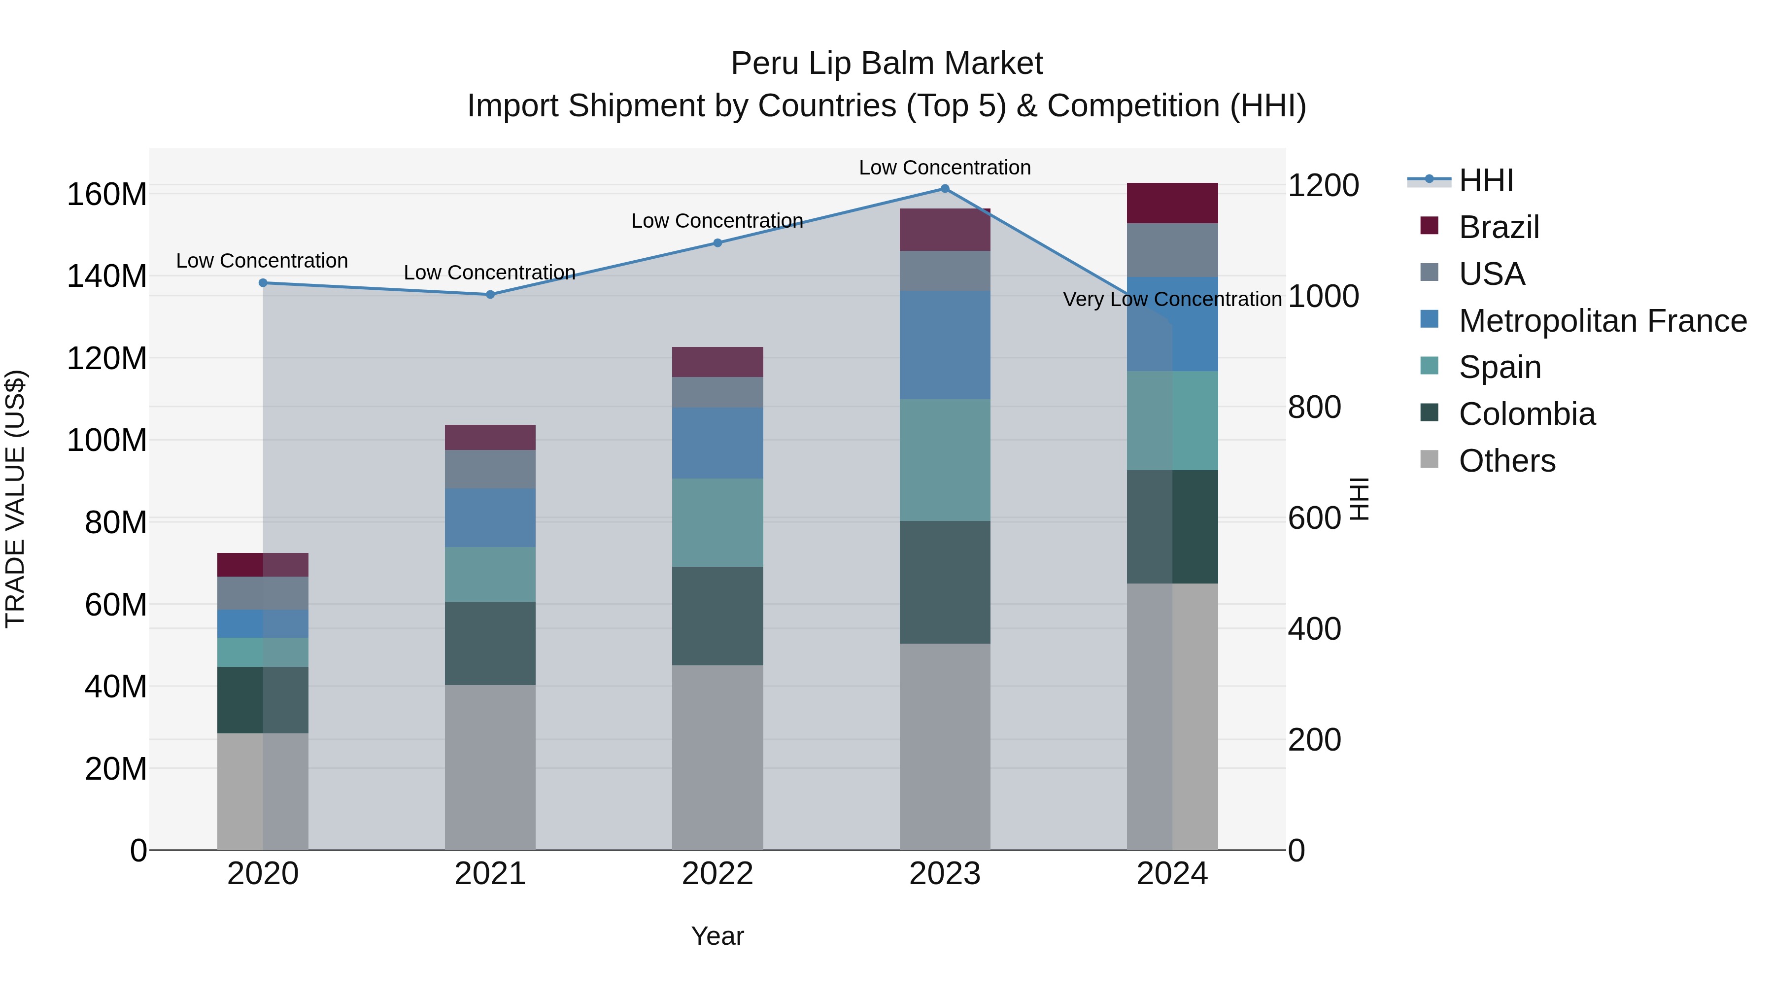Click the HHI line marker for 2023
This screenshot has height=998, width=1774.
[x=945, y=189]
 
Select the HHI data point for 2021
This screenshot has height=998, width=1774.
[x=490, y=295]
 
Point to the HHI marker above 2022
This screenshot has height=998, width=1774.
[x=717, y=243]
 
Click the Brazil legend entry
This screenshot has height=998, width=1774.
[x=1499, y=227]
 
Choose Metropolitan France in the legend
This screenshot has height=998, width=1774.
[x=1603, y=321]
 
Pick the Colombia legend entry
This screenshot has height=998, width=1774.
[x=1526, y=414]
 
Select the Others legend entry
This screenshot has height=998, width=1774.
[x=1507, y=461]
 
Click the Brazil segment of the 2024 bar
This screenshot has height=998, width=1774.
[x=1172, y=203]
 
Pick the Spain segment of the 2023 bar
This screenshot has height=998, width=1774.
[x=945, y=460]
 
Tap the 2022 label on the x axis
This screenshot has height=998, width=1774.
[x=717, y=874]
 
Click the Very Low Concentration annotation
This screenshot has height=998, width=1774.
[x=1172, y=300]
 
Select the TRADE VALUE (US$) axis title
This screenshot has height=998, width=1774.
[x=15, y=499]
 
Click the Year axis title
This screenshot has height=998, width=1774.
[x=717, y=936]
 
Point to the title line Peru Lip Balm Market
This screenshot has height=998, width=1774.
[x=887, y=64]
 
